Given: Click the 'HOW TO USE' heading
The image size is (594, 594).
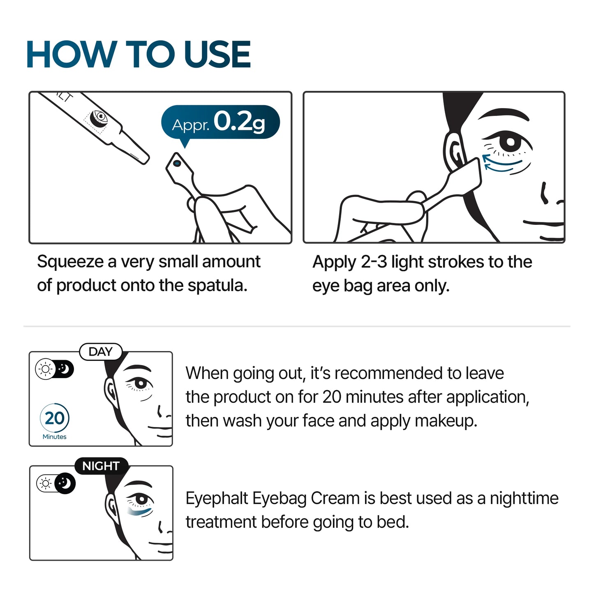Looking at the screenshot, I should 138,54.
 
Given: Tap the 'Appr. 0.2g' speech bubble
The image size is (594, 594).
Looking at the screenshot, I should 220,122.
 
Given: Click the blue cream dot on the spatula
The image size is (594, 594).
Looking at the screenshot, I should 177,164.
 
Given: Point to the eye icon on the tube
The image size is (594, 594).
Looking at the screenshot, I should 99,117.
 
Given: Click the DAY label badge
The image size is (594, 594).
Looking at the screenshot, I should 101,352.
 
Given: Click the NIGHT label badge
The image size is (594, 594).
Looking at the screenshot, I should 101,466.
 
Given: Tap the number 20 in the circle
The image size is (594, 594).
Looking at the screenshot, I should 55,418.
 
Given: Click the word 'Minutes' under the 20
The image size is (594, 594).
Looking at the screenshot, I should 55,437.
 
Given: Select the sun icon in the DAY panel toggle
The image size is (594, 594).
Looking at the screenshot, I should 45,369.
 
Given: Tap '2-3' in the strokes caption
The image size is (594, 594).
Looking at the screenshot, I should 374,262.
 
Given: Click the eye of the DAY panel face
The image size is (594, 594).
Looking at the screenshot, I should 140,384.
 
